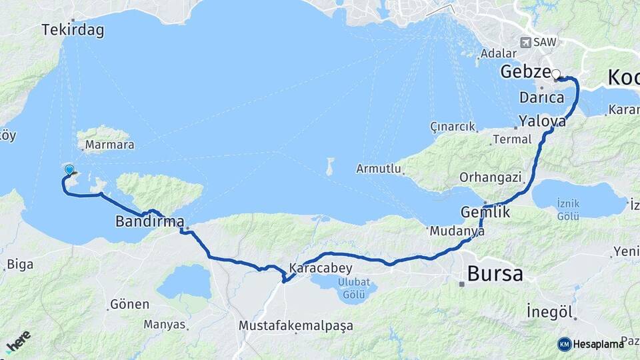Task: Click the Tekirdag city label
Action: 72,30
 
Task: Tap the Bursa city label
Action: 495,273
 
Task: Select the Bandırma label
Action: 149,221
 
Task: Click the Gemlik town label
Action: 485,212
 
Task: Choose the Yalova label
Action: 542,122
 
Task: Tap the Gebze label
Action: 525,72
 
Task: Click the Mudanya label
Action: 456,231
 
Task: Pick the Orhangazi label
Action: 492,177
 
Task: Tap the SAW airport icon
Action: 525,43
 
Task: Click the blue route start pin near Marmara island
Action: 69,170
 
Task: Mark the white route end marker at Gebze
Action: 555,75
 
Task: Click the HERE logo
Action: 19,342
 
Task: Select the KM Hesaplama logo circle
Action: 564,344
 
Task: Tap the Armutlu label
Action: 379,168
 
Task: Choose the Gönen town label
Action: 130,304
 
